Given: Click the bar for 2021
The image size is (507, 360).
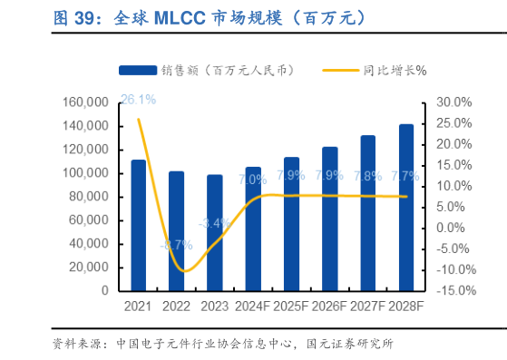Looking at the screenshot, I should tap(138, 225).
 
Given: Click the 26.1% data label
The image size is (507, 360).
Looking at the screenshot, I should tap(138, 99).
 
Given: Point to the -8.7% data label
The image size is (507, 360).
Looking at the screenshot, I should tap(176, 244).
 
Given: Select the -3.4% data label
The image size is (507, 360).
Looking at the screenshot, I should tap(214, 223).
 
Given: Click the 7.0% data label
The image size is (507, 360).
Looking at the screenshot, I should tap(252, 180).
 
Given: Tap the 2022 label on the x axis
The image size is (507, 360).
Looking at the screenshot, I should tap(176, 307).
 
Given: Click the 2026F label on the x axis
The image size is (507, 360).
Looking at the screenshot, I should tap(329, 307).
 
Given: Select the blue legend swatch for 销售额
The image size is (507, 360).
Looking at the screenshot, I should tap(137, 70).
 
